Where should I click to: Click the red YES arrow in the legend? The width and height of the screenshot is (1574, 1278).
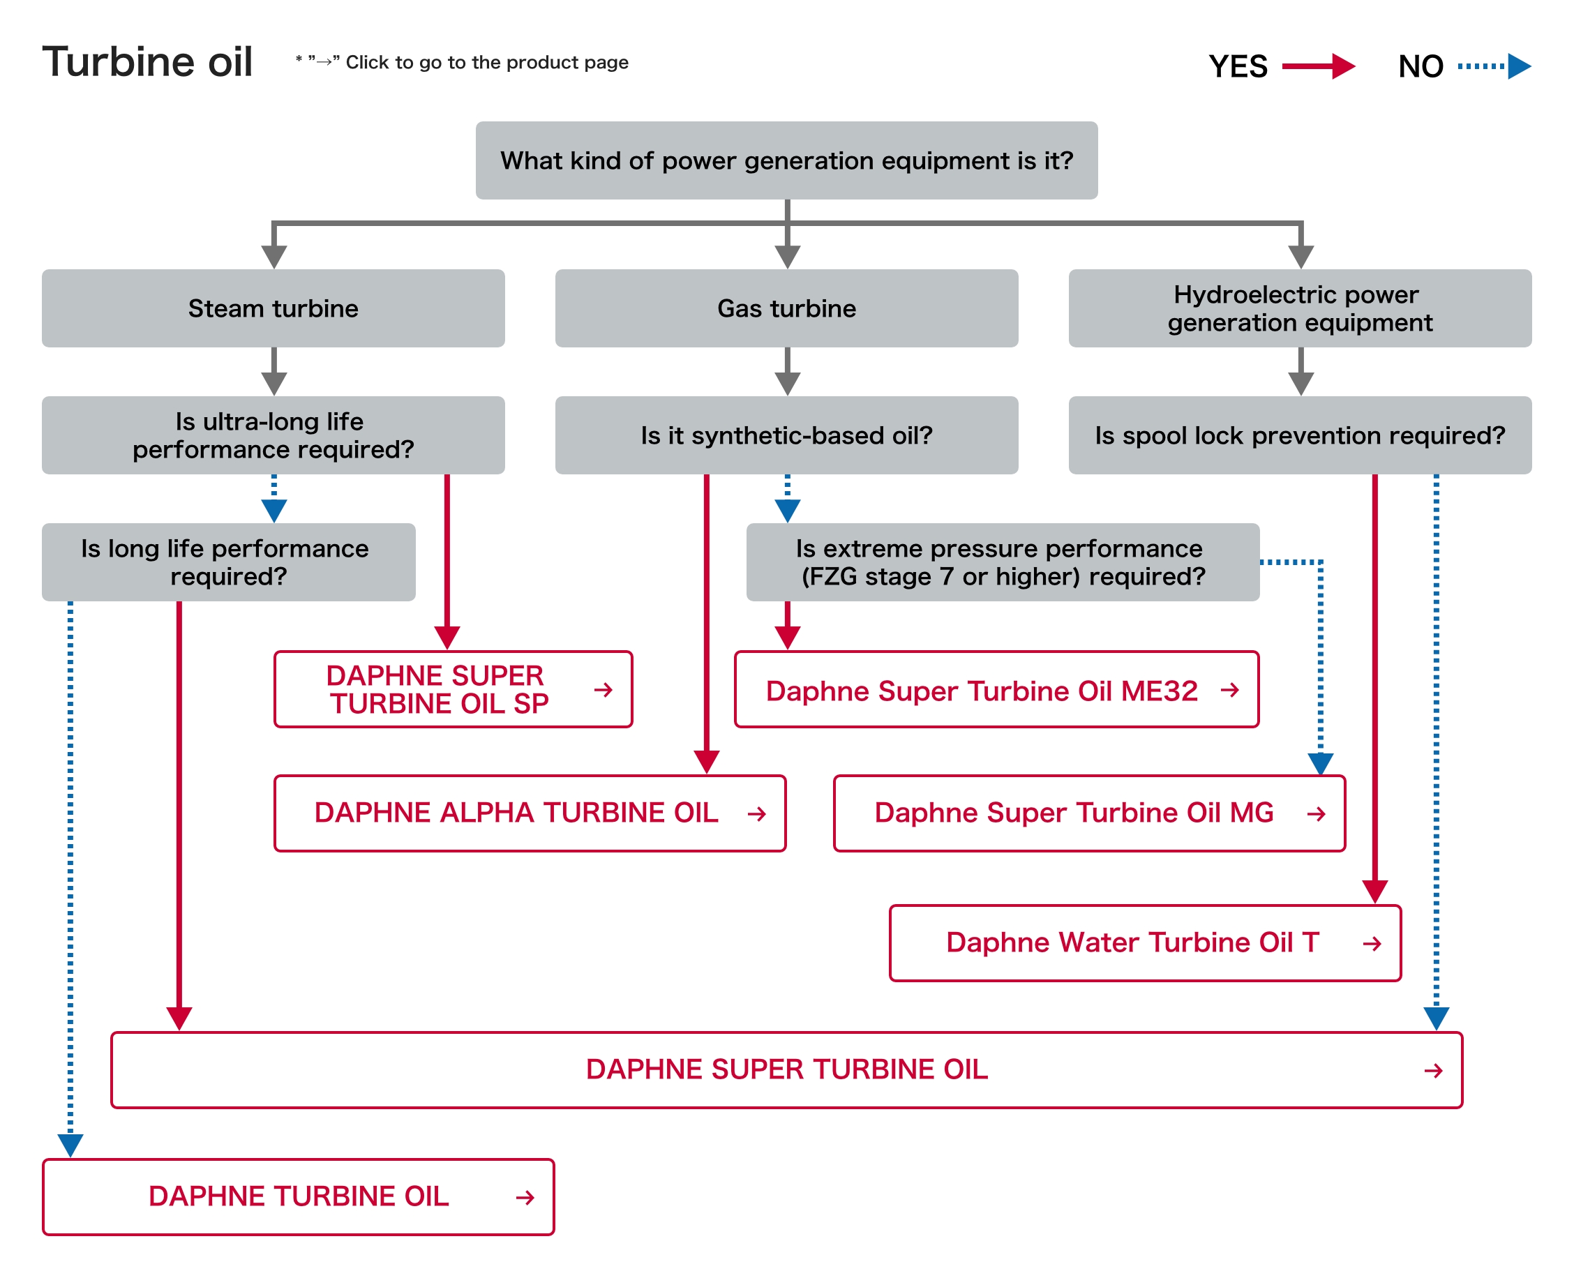tap(1317, 66)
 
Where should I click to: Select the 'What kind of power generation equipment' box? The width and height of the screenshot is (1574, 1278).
tap(786, 160)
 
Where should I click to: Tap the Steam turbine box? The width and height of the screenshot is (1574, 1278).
tap(273, 308)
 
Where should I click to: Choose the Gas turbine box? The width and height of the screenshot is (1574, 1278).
tap(786, 308)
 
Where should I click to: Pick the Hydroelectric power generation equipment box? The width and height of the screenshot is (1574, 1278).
tap(1299, 308)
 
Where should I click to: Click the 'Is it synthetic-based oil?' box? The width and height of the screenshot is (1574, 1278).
tap(786, 435)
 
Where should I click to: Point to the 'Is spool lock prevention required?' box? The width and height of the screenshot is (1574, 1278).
tap(1299, 435)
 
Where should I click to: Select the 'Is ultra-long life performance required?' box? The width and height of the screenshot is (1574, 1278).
tap(273, 435)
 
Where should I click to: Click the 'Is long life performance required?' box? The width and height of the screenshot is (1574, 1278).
tap(228, 562)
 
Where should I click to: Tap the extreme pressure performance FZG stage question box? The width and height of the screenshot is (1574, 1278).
tap(1002, 562)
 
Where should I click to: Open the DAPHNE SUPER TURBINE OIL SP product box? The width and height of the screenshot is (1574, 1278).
tap(452, 690)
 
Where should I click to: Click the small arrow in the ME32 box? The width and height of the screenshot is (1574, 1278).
tap(1229, 691)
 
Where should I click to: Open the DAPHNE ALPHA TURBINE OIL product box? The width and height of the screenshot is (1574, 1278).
tap(530, 813)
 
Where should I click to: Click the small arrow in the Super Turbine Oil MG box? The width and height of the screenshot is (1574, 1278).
tap(1316, 813)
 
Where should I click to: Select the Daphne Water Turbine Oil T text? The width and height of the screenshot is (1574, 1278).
tap(1132, 942)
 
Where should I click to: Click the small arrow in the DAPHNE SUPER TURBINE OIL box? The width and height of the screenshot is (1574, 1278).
tap(1432, 1070)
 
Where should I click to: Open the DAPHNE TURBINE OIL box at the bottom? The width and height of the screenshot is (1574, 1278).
tap(298, 1196)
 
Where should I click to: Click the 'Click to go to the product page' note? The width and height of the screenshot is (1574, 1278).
tap(486, 63)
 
